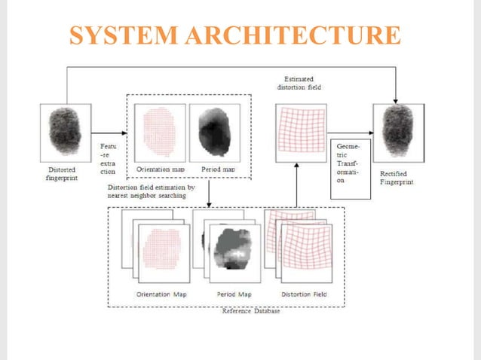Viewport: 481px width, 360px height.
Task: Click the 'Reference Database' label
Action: [250, 310]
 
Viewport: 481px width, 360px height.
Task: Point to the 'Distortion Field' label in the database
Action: [303, 294]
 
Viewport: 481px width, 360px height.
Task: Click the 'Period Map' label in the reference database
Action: [231, 294]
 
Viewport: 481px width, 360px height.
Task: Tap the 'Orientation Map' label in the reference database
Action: [160, 294]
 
